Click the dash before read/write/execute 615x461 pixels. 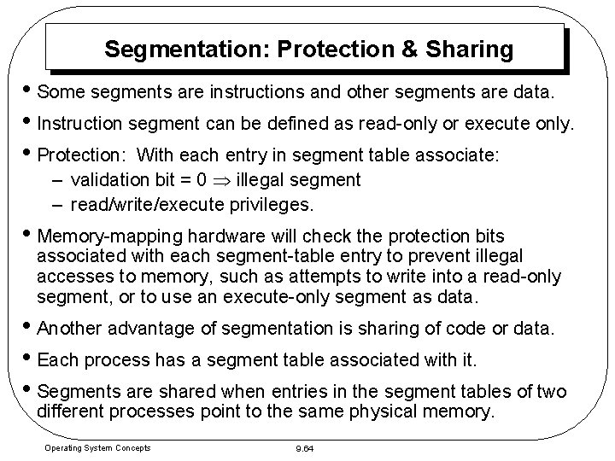(x=57, y=206)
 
